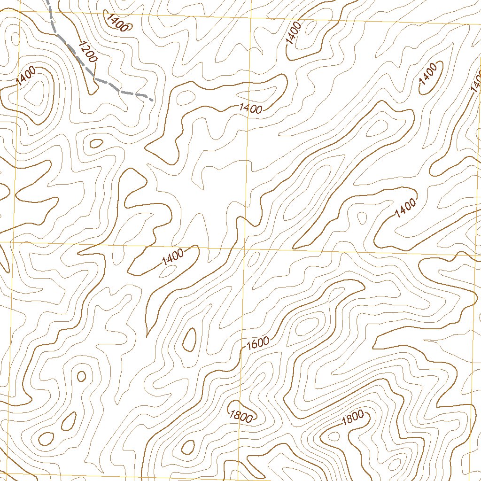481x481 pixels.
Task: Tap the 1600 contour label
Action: pos(257,343)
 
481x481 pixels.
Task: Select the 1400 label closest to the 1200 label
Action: pos(117,23)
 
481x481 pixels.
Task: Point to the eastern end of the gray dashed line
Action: pos(152,100)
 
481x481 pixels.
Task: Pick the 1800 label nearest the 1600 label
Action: pos(241,415)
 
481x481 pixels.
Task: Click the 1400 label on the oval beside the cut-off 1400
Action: pos(428,74)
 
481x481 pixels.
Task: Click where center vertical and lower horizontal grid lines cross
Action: pos(245,248)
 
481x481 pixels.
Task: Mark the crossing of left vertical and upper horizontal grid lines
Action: pos(19,13)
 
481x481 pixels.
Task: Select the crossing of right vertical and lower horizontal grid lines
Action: pos(474,255)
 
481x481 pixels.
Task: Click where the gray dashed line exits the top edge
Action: pos(48,1)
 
